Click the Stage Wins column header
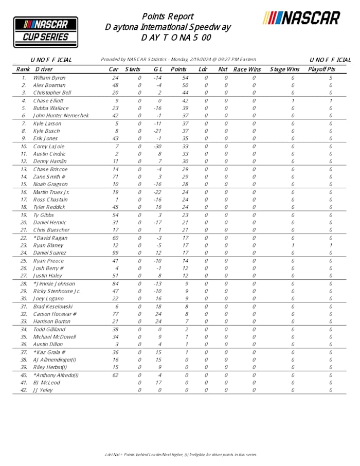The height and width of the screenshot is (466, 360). click(x=284, y=69)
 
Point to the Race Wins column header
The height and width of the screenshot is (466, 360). click(x=247, y=69)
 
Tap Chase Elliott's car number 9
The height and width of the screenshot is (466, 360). click(x=117, y=101)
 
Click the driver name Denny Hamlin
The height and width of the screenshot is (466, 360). click(x=50, y=162)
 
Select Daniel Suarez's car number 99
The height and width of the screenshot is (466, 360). click(x=115, y=253)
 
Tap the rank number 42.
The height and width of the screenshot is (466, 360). click(x=24, y=390)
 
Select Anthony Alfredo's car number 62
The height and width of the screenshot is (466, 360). click(x=115, y=375)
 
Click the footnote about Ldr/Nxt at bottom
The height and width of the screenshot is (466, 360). click(x=179, y=455)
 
